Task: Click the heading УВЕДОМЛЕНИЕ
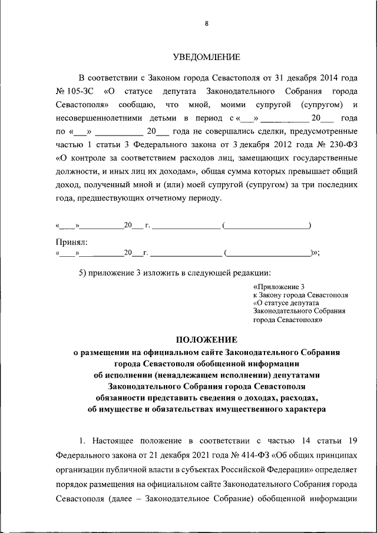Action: (x=206, y=57)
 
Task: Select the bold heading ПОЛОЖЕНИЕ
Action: (x=206, y=340)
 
